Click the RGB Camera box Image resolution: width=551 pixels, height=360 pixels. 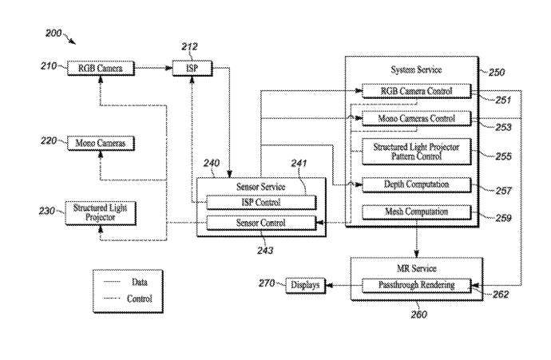[101, 69]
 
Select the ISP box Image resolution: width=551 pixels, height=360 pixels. [193, 69]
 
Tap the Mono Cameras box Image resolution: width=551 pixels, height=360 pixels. [101, 144]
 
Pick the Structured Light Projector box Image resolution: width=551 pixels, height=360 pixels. [101, 212]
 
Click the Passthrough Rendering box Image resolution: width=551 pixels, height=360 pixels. [415, 285]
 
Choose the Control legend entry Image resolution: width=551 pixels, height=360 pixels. [129, 299]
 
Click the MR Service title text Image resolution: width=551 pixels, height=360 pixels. [415, 268]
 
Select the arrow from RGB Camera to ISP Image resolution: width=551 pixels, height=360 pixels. [153, 69]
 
